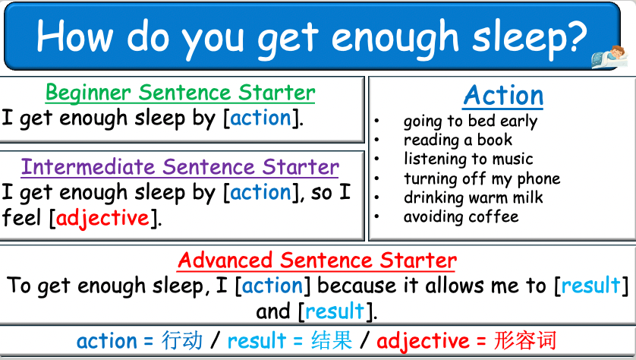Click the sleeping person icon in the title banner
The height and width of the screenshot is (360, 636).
click(609, 55)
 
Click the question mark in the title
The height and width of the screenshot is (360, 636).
click(576, 36)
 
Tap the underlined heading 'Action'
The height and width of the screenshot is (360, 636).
click(503, 96)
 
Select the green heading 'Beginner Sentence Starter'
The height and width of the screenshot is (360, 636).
click(181, 93)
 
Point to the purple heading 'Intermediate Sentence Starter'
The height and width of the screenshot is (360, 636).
click(180, 166)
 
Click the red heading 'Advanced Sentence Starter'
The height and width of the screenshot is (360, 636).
click(317, 261)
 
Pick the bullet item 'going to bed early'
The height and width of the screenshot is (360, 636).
click(470, 122)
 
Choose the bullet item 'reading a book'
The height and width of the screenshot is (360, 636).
click(458, 141)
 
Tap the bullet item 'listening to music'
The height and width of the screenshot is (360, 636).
click(468, 159)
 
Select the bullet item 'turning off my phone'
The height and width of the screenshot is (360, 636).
click(482, 179)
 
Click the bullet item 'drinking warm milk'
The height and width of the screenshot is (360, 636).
click(473, 198)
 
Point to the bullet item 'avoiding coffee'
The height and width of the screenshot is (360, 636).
click(461, 217)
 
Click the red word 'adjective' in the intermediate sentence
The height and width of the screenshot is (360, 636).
click(102, 219)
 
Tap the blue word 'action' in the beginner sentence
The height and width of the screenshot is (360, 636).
click(260, 118)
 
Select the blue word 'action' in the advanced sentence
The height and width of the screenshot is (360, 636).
click(272, 286)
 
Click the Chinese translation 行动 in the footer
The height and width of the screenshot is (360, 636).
click(182, 340)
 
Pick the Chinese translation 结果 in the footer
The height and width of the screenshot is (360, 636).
click(332, 340)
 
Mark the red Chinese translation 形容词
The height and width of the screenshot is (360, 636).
click(524, 340)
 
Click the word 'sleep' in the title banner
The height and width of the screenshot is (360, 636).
click(512, 36)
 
